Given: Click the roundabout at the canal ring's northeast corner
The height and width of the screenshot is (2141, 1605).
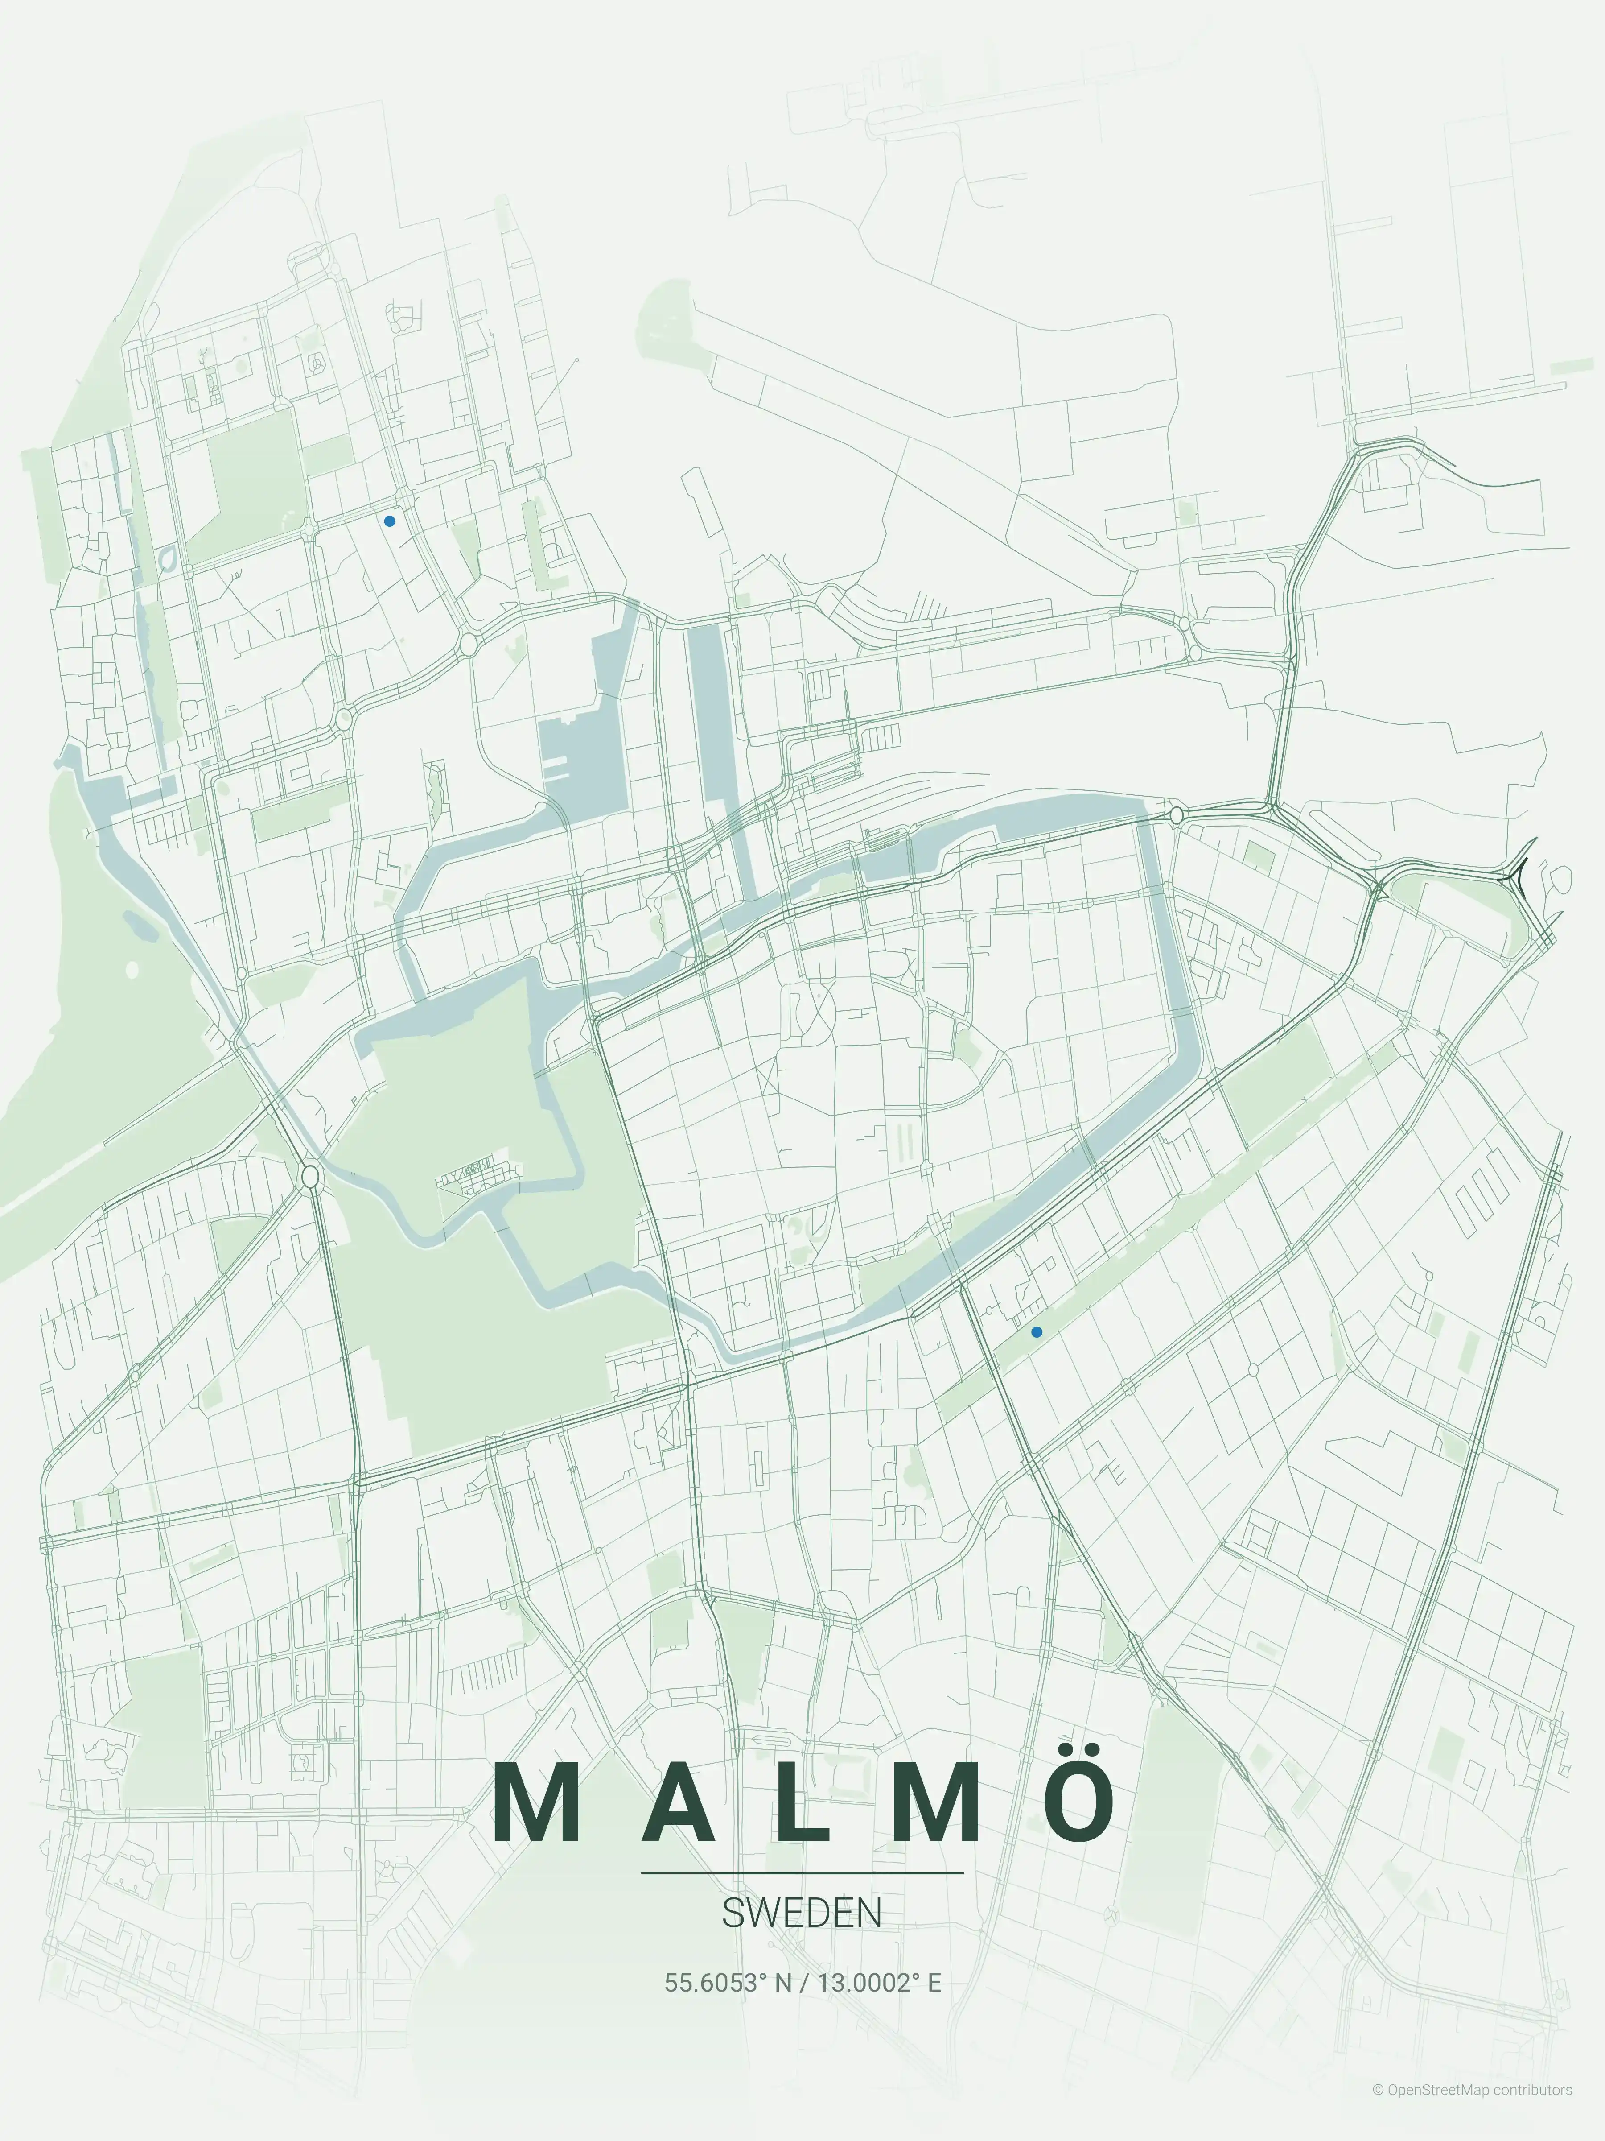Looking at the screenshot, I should [x=1177, y=816].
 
